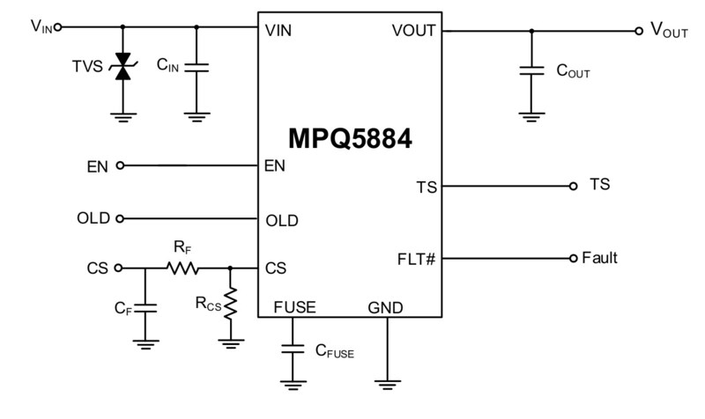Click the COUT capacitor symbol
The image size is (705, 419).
[x=531, y=70]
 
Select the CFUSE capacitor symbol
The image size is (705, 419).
[x=291, y=349]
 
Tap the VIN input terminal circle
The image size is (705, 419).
[x=58, y=27]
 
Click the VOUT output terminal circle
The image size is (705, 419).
[x=639, y=31]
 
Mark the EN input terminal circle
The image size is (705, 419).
[x=121, y=165]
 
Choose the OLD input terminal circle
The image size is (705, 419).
[x=121, y=218]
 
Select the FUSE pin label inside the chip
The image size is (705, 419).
[x=294, y=307]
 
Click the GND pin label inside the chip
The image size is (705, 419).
[x=386, y=307]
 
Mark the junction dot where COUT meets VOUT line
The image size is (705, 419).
[x=531, y=31]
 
